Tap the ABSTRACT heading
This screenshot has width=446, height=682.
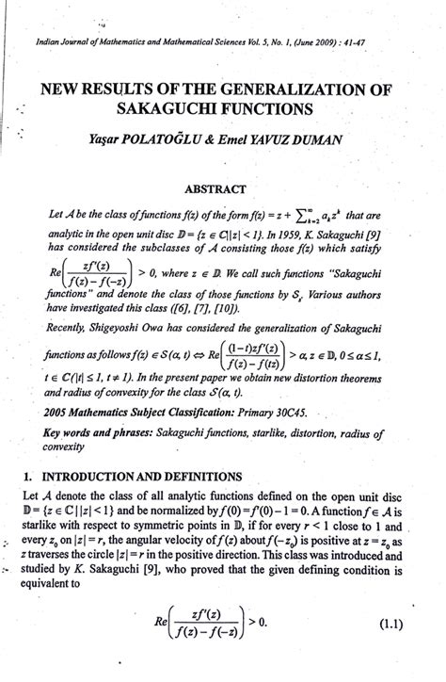click(x=224, y=188)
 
